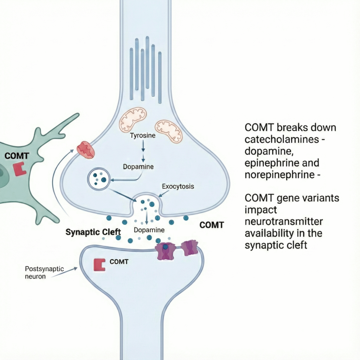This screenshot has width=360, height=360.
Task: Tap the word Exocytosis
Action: click(178, 186)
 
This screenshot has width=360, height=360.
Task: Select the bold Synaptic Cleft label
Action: click(93, 232)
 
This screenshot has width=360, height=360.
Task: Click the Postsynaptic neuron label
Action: click(44, 272)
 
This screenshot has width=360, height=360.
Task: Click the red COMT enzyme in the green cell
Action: click(20, 169)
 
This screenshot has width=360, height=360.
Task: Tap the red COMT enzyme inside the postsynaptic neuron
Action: click(99, 264)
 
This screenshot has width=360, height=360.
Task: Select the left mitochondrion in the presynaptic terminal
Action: click(133, 119)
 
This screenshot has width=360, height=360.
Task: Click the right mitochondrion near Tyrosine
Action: click(169, 131)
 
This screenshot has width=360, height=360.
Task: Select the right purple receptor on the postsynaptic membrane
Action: click(190, 247)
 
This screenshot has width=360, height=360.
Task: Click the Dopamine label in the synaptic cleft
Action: click(149, 230)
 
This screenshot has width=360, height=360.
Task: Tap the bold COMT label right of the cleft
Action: click(212, 225)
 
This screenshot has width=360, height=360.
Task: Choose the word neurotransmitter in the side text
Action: click(283, 221)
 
